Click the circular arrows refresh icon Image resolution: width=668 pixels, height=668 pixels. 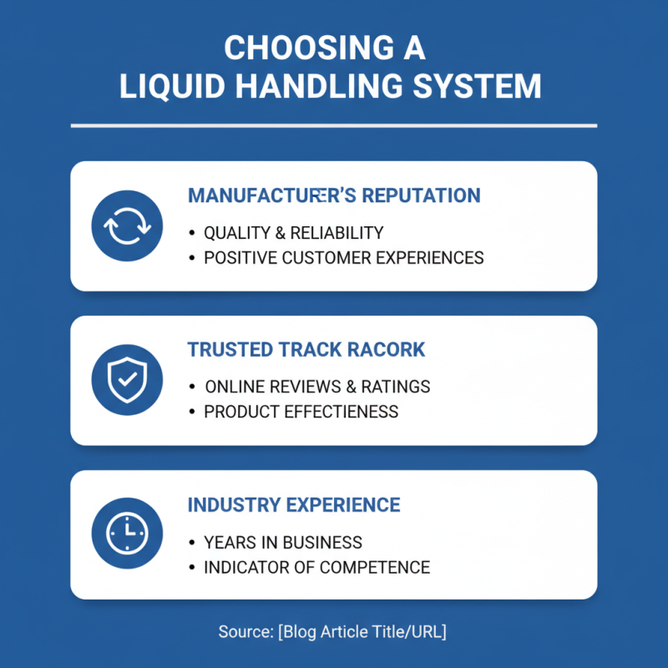pos(127,226)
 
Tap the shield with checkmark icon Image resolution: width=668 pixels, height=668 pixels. pos(127,380)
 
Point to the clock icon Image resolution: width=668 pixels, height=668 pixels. pos(127,534)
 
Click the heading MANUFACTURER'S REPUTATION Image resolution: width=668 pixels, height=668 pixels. pos(334,196)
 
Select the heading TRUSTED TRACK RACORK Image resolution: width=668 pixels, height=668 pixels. pos(306,350)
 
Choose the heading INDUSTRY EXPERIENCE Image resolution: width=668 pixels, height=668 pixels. pos(294,505)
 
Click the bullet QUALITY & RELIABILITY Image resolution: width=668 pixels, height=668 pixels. pos(293,233)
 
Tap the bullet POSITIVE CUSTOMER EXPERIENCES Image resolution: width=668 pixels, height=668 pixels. pos(343,258)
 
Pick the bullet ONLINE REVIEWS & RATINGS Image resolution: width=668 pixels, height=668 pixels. pos(317,387)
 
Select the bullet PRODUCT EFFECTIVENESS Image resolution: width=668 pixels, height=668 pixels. pos(301,412)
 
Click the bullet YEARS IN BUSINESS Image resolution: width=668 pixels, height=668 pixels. pos(282,543)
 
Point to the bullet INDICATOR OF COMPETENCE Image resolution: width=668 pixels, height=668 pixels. pos(316,568)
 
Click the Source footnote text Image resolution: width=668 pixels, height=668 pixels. pos(332,632)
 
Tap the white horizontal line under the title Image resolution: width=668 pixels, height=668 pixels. pos(334,126)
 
